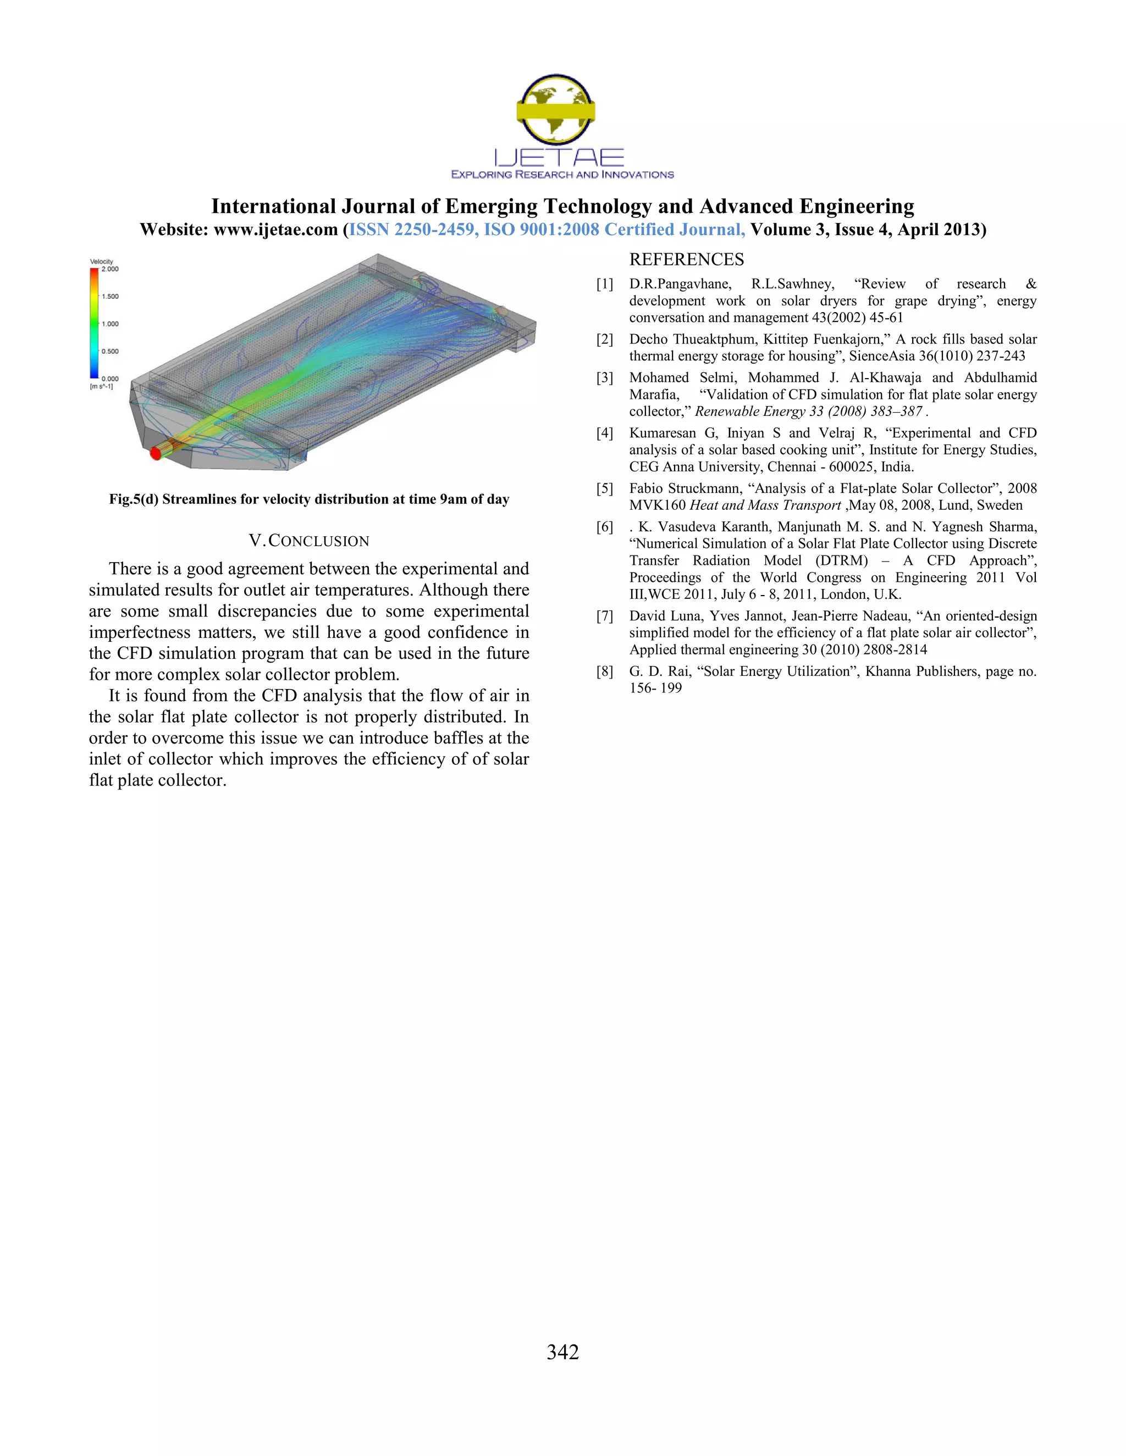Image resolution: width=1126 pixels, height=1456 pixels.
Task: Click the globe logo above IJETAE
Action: (556, 109)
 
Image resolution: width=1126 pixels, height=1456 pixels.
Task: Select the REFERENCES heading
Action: (686, 259)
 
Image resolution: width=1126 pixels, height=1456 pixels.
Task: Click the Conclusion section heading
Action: (309, 541)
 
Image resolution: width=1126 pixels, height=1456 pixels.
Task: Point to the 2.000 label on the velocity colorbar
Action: (110, 269)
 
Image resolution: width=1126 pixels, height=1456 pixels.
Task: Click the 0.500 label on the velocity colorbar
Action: (110, 351)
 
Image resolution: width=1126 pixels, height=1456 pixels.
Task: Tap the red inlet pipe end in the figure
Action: (156, 453)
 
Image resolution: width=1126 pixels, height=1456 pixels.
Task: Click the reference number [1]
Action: (604, 284)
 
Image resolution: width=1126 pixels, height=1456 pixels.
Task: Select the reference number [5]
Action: (604, 488)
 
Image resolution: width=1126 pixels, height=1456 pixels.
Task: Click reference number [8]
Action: (604, 671)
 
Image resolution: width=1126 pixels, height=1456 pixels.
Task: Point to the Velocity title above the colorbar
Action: (101, 262)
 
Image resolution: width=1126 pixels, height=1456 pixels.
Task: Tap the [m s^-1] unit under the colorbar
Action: (101, 387)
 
